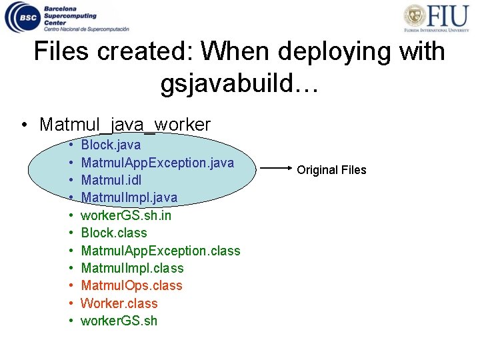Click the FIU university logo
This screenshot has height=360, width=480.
[x=440, y=18]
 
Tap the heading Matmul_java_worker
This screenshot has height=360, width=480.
[x=125, y=124]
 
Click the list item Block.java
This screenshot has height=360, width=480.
[x=111, y=145]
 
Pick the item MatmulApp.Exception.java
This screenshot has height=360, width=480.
[x=157, y=162]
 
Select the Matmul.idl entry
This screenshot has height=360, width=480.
[x=111, y=180]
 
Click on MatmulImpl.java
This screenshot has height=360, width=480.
[x=129, y=197]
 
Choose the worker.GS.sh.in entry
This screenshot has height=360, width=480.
[x=126, y=215]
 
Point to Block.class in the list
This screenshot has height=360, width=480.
[x=114, y=233]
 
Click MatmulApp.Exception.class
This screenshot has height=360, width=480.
[x=160, y=251]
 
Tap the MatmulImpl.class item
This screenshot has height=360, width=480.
[x=132, y=268]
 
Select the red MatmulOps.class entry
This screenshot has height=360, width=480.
[x=131, y=285]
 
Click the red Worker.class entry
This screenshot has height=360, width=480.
[x=119, y=303]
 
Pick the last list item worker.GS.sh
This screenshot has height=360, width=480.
[x=119, y=321]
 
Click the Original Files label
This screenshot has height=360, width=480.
[x=331, y=170]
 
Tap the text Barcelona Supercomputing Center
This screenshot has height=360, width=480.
[x=70, y=15]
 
